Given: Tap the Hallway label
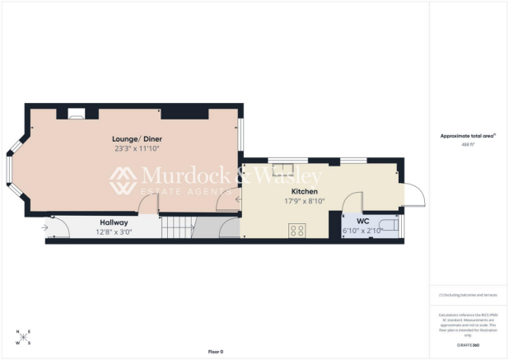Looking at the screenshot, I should pos(114,222).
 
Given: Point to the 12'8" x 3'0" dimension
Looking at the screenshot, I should pos(114,231).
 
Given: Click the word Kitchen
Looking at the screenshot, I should pos(304,190).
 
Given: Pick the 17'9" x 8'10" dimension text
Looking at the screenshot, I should pos(304,200).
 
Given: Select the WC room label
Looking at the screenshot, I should pos(362,222).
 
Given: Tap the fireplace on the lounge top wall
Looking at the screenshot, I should pos(77,115).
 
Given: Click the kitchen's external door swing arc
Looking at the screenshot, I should pos(416,195).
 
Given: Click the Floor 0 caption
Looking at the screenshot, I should pos(216,351).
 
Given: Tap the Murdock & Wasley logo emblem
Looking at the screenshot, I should pos(124,179).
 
